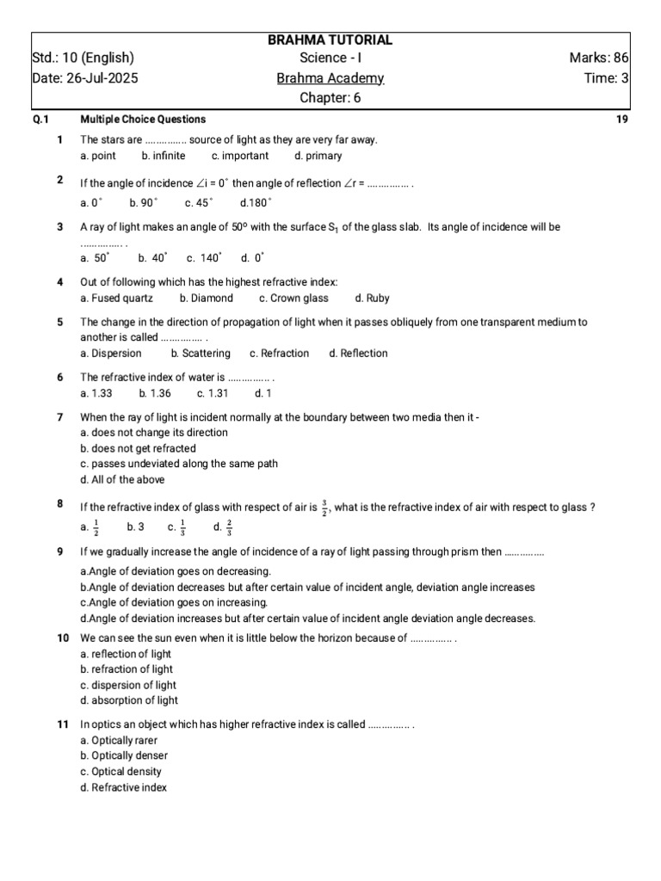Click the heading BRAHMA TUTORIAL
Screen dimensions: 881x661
pos(330,40)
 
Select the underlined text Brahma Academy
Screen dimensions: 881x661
pos(330,78)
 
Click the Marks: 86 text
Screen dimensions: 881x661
pos(599,59)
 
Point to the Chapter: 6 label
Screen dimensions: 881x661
pos(330,97)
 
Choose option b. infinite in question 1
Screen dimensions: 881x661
pos(164,156)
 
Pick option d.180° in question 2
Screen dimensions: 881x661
pos(256,203)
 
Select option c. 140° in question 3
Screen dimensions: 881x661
pos(204,257)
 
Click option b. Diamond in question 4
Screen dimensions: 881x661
pos(207,299)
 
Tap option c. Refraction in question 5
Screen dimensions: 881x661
pos(279,354)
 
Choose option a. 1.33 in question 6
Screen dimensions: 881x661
pos(96,393)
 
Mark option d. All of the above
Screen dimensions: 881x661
pos(122,479)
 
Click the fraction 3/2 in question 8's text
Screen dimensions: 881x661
pos(324,508)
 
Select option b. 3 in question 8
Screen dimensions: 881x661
pos(135,527)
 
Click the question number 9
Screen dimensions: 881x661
pos(60,551)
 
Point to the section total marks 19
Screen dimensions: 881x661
pos(622,120)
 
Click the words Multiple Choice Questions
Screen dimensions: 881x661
pos(143,120)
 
